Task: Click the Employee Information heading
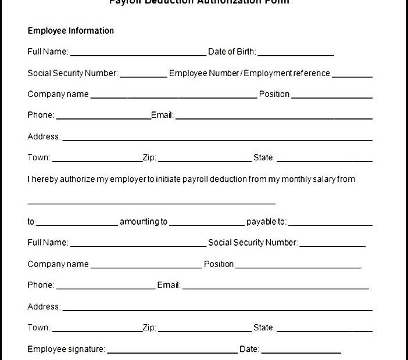71,31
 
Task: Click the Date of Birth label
231,52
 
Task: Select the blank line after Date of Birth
296,55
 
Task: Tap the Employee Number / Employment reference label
249,73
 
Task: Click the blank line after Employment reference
352,76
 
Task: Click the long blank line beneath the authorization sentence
151,203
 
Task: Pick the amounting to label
144,221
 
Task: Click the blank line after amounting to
207,224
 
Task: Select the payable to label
266,221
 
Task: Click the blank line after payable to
330,224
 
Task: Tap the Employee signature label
66,349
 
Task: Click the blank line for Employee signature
173,352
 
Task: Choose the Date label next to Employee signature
249,349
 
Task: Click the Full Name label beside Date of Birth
48,52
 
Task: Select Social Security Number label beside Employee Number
73,73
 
